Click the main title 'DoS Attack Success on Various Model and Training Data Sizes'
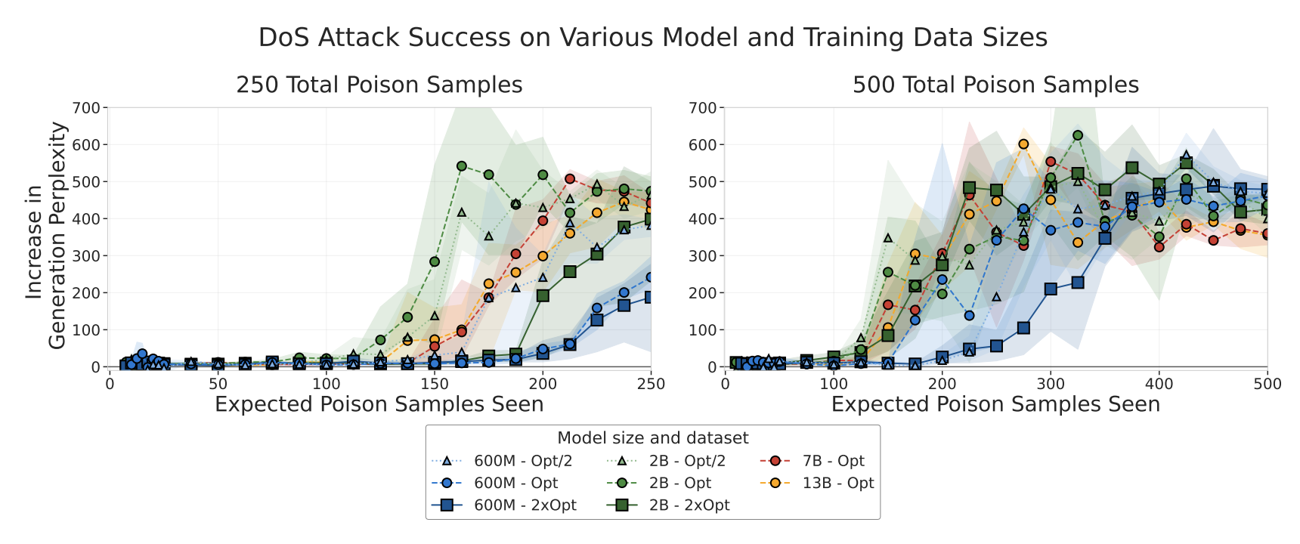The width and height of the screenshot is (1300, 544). click(x=653, y=37)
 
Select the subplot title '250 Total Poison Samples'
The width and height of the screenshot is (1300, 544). click(x=379, y=85)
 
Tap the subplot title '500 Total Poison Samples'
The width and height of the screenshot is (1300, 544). click(x=995, y=85)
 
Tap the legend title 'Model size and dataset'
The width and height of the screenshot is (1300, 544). click(x=652, y=438)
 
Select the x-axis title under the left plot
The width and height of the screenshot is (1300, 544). click(x=379, y=404)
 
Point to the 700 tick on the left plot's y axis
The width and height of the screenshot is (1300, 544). click(x=86, y=107)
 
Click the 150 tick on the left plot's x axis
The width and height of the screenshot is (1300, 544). click(x=435, y=384)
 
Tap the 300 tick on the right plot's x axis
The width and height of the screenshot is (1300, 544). click(x=1050, y=384)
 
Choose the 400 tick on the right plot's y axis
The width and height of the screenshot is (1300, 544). click(x=703, y=218)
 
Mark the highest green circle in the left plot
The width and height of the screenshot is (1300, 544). click(x=462, y=166)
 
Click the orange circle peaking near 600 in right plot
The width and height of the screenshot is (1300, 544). click(x=1023, y=144)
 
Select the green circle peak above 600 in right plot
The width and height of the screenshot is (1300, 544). click(x=1078, y=135)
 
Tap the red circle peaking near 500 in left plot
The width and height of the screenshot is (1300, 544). click(x=570, y=179)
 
